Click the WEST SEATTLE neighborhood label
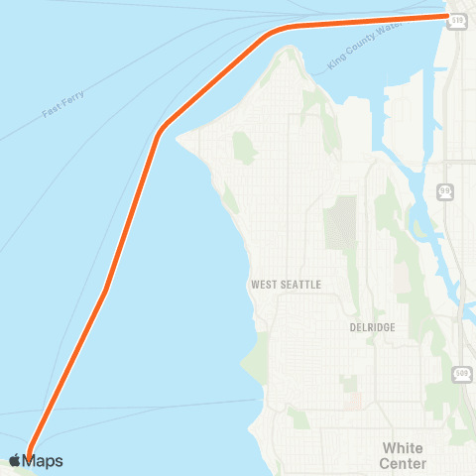286,285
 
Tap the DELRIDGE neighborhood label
373,325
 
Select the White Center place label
403,455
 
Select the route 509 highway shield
462,373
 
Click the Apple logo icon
15,461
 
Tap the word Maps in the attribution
44,461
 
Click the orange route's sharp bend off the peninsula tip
159,133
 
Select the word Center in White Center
403,463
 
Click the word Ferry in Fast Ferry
75,99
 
